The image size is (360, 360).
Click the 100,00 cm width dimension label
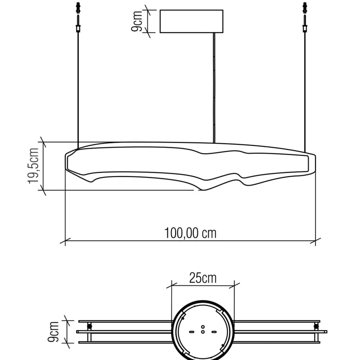(x=190, y=233)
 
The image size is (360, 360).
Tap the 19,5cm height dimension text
(x=35, y=166)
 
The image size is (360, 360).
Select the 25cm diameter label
(x=203, y=278)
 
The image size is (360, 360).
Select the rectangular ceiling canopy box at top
(x=191, y=22)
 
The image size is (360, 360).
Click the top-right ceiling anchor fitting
(x=305, y=8)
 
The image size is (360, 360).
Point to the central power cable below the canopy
(x=215, y=86)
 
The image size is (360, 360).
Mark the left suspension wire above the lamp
(x=78, y=86)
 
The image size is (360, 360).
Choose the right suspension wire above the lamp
(x=305, y=86)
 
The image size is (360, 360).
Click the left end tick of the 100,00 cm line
(x=65, y=241)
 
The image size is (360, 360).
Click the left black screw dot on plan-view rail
(x=89, y=327)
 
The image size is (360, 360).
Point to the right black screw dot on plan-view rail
(x=316, y=327)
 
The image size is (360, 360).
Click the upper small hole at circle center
(x=203, y=327)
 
